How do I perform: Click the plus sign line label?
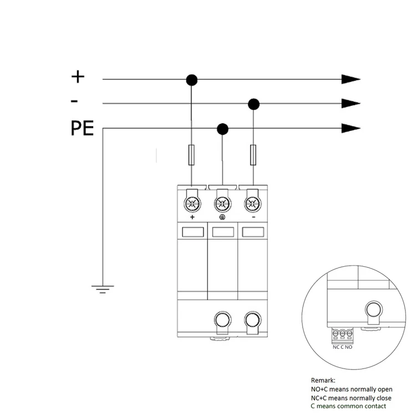tap(78, 76)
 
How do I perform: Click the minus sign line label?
tap(74, 101)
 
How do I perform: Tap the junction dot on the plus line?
tap(192, 80)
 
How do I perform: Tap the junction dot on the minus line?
tap(254, 104)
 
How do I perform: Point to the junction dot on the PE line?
tap(223, 129)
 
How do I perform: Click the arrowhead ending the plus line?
tap(351, 79)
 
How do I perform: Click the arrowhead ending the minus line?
tap(351, 103)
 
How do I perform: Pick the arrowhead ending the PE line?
tap(351, 129)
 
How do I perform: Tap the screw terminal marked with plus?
tap(192, 202)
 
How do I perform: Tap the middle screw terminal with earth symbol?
tap(222, 202)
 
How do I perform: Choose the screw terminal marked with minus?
tap(253, 202)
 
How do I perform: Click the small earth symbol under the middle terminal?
tap(222, 217)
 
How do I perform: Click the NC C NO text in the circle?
tap(343, 347)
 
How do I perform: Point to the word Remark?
tap(322, 381)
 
